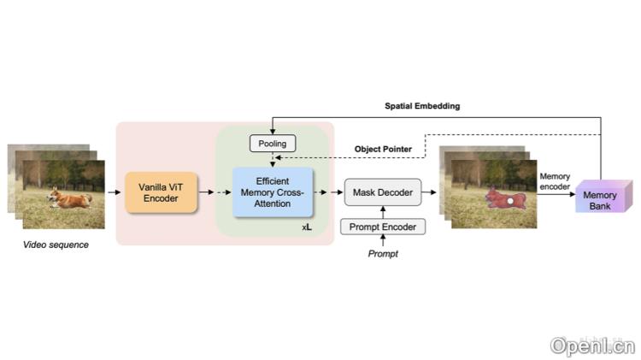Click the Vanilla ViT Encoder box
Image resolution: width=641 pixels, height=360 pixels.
(x=161, y=192)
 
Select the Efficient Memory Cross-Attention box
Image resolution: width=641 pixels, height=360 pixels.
(x=273, y=192)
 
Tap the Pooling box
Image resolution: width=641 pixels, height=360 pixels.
(x=273, y=144)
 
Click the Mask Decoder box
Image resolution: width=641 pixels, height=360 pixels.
(x=383, y=193)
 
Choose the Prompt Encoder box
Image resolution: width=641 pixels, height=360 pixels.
(x=383, y=227)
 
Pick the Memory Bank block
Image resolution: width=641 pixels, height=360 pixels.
(x=601, y=200)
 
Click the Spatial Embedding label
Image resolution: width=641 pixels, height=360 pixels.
(x=421, y=106)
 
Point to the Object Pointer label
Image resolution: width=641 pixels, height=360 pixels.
(x=384, y=149)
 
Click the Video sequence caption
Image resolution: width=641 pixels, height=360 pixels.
(x=56, y=245)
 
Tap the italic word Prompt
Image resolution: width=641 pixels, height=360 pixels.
(x=383, y=255)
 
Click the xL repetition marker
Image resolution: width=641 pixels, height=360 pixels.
(x=307, y=227)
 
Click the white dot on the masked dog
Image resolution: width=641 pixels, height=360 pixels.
(x=511, y=200)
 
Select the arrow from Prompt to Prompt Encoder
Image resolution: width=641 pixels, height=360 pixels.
(x=383, y=242)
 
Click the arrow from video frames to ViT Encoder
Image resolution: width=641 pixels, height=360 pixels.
(x=115, y=193)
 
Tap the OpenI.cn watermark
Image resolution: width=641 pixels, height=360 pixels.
(x=592, y=345)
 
